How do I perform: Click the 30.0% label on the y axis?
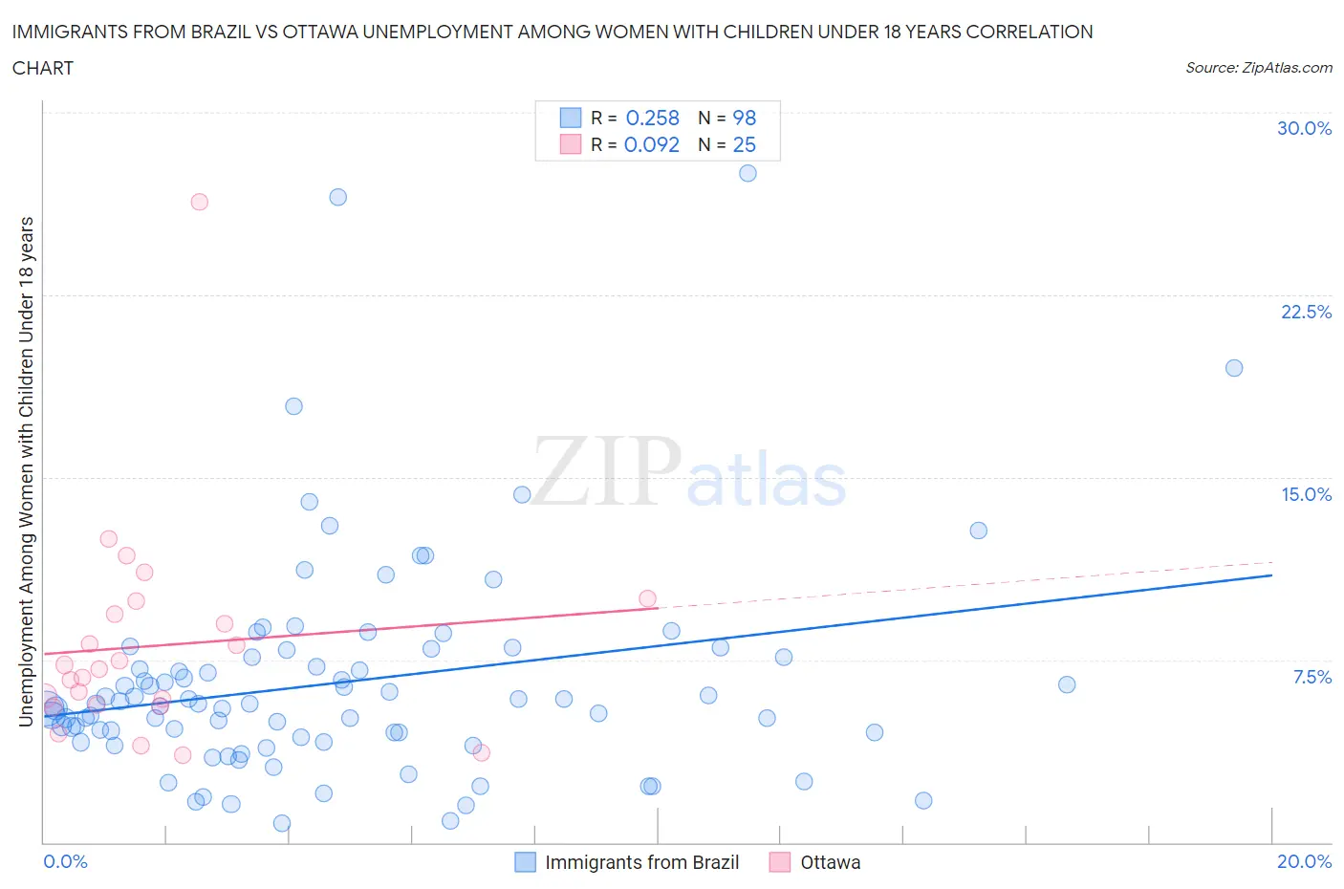tap(1304, 129)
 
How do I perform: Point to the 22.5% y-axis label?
tap(1306, 312)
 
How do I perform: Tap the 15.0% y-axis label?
tap(1306, 494)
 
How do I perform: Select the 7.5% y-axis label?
tap(1311, 677)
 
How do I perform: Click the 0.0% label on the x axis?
tap(65, 861)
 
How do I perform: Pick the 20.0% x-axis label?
tap(1304, 861)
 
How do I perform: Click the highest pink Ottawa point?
tap(199, 202)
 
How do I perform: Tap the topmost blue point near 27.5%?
tap(748, 173)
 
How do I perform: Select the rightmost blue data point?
tap(1234, 368)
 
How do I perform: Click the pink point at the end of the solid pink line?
tap(647, 599)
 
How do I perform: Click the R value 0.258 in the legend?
tap(652, 118)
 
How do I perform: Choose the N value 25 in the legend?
tap(744, 144)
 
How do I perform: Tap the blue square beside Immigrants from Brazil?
tap(525, 862)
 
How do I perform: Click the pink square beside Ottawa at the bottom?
tap(780, 862)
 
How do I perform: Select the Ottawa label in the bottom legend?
tap(830, 862)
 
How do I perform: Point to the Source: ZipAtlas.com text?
tap(1258, 68)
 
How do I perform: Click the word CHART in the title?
tap(43, 68)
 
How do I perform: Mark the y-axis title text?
tap(26, 470)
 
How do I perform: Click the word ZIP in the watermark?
tap(606, 470)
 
